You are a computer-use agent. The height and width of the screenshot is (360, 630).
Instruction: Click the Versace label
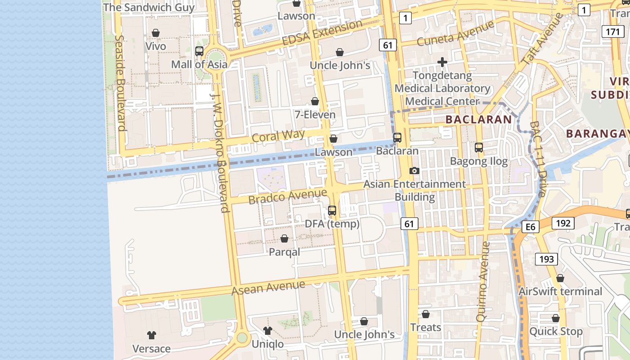click(x=151, y=349)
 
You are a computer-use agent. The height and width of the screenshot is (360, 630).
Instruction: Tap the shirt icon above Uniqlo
click(x=268, y=331)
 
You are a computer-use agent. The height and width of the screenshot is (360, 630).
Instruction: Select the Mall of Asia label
click(x=199, y=64)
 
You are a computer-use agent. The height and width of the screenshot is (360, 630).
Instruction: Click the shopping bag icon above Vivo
click(x=156, y=33)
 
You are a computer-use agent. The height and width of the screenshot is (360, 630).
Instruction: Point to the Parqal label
click(x=284, y=252)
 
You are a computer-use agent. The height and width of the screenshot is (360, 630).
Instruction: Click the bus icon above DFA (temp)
click(x=332, y=210)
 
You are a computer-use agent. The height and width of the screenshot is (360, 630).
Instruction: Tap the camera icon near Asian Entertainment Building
click(x=414, y=171)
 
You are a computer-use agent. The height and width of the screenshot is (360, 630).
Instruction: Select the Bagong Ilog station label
click(x=479, y=161)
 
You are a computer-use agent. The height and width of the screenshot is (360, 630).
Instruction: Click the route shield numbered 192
click(x=563, y=223)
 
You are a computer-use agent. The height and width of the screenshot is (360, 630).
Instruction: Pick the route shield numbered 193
click(x=546, y=259)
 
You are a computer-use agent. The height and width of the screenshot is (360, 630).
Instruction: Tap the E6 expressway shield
click(x=531, y=227)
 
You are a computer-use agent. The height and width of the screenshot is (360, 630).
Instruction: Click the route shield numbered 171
click(x=612, y=31)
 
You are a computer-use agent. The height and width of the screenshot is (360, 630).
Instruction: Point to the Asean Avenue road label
click(x=268, y=287)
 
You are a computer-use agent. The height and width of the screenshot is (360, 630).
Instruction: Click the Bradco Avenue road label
click(x=288, y=196)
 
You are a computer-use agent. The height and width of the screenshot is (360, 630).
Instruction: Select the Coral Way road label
click(x=278, y=136)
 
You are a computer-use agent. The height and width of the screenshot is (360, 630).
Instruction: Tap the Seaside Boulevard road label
click(x=120, y=83)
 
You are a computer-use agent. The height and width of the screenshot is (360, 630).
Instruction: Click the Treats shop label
click(x=426, y=328)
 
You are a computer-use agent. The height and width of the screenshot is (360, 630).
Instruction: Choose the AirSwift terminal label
click(x=560, y=292)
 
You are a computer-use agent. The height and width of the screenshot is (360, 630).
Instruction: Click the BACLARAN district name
click(x=478, y=120)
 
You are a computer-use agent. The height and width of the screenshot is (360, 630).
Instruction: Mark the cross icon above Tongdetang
click(x=442, y=62)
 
